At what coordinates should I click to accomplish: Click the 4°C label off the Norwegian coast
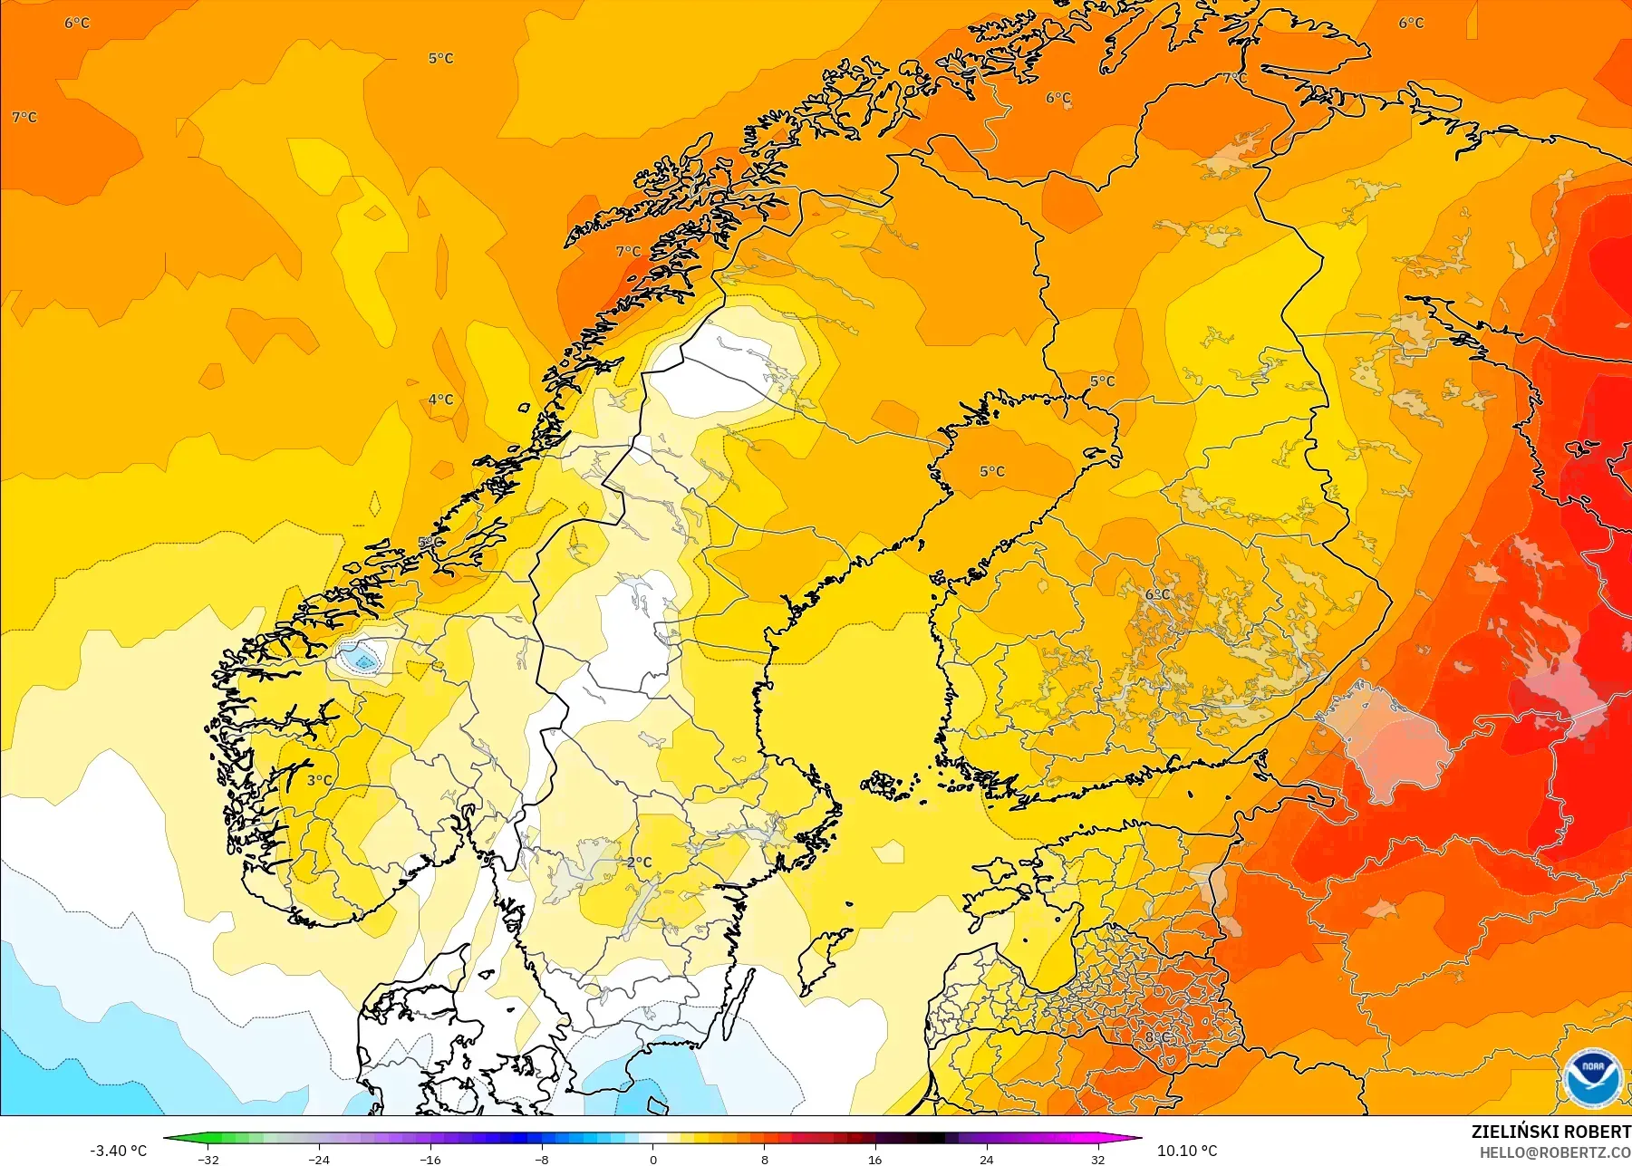(x=441, y=400)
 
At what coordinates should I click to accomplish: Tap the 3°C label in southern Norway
(x=319, y=780)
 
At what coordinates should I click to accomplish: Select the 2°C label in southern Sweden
(x=640, y=862)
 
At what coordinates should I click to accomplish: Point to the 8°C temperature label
(x=1157, y=1037)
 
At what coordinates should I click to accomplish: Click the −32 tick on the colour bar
(x=208, y=1159)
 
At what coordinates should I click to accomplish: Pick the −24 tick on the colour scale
(x=319, y=1159)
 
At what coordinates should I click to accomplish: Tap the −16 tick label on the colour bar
(x=430, y=1159)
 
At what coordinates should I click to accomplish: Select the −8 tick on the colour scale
(x=542, y=1159)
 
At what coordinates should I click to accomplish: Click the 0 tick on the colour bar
(x=653, y=1159)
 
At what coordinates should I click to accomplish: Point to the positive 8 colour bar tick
(x=764, y=1159)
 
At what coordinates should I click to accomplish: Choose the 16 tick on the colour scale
(x=875, y=1159)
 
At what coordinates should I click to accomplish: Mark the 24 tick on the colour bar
(x=987, y=1159)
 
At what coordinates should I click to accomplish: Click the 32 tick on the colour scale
(x=1097, y=1159)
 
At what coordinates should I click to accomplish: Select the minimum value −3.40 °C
(x=119, y=1151)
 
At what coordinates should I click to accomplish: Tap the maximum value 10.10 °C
(x=1187, y=1151)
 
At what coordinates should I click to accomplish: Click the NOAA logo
(x=1592, y=1076)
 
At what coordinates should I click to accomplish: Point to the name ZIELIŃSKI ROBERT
(x=1550, y=1132)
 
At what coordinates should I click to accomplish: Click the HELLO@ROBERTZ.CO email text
(x=1555, y=1153)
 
